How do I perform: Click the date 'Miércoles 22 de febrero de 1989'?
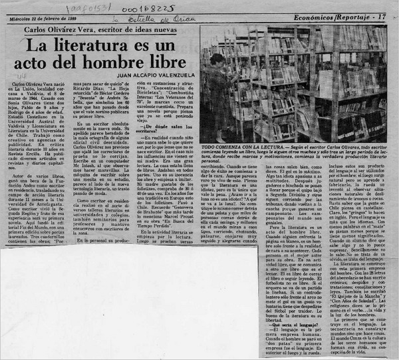(49, 18)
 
